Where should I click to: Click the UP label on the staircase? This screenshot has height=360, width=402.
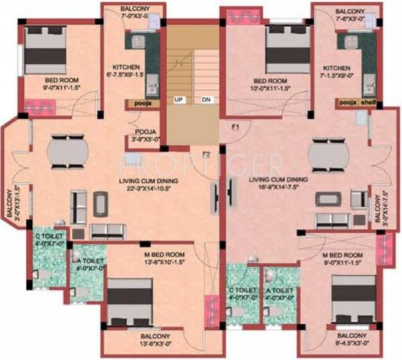click(x=179, y=100)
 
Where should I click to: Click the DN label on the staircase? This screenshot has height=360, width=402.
click(x=206, y=100)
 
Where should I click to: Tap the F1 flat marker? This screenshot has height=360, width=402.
click(x=235, y=126)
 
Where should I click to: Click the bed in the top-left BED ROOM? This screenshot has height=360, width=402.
click(x=46, y=50)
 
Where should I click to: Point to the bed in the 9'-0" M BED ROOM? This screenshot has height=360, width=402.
click(x=349, y=298)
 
